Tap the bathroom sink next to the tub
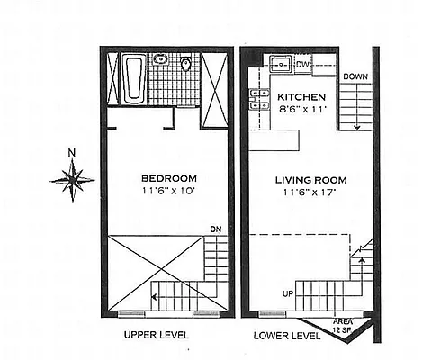click(x=160, y=61)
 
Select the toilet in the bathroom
click(x=186, y=64)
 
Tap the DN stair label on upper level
click(x=215, y=229)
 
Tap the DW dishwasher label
click(x=302, y=65)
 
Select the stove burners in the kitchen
click(x=262, y=99)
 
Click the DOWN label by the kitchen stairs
click(x=354, y=77)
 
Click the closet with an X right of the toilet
click(x=214, y=79)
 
